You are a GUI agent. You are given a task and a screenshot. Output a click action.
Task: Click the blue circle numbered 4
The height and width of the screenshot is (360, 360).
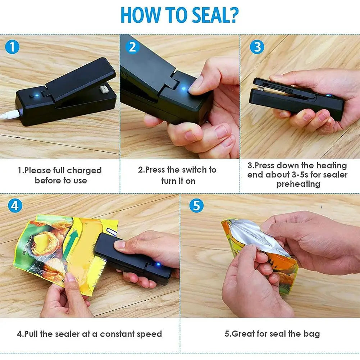pos(15,205)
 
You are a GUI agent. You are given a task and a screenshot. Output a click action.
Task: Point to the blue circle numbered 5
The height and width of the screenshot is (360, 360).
pos(196,205)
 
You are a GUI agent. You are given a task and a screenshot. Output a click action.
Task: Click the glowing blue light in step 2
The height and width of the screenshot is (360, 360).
pos(184,88)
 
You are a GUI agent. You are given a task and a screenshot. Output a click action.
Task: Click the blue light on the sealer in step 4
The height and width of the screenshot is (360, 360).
pos(158,264)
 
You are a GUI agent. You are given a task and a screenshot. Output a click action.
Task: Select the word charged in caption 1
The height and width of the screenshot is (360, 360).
pos(84,170)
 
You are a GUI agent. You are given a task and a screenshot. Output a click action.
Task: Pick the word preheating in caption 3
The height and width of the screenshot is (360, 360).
pos(298,184)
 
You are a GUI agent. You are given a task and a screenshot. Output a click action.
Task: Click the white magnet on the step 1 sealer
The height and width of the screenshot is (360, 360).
pos(102,90)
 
